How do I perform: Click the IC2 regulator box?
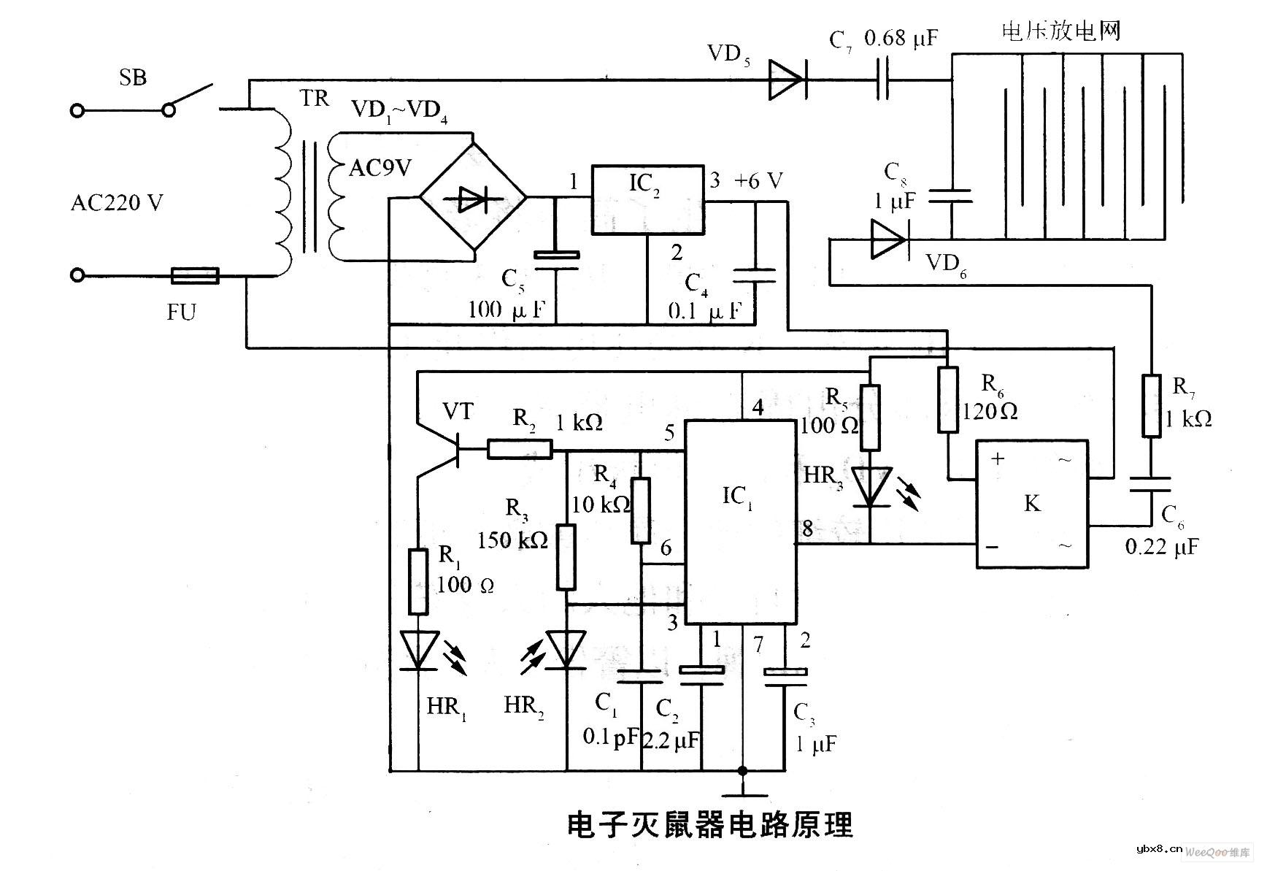click(x=647, y=199)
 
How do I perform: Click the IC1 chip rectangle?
click(x=739, y=522)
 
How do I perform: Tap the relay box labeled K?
click(x=1032, y=504)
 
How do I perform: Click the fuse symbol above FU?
click(x=195, y=275)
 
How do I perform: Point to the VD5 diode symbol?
click(x=787, y=80)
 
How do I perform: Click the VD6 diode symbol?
click(x=888, y=239)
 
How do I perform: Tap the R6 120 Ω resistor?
click(x=947, y=399)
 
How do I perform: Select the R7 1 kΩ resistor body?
click(x=1152, y=406)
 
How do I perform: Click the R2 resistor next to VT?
click(x=520, y=449)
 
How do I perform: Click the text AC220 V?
click(x=117, y=202)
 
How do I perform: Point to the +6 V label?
click(x=758, y=180)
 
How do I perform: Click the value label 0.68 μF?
click(x=901, y=38)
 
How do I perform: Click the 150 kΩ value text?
click(x=512, y=540)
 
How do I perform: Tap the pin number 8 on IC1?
click(x=808, y=528)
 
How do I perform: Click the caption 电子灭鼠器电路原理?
click(x=709, y=825)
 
